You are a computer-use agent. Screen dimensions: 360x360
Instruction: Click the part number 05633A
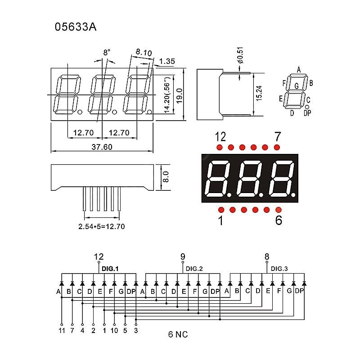pos(76,27)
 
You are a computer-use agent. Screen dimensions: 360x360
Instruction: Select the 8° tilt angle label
pos(107,53)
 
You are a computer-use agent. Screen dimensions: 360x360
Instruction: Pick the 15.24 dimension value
pos(259,94)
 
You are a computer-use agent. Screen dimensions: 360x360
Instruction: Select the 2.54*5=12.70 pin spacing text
pos(101,226)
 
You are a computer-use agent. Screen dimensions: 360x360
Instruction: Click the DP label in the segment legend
pos(307,113)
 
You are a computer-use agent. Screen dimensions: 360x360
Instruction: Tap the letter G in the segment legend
pos(296,85)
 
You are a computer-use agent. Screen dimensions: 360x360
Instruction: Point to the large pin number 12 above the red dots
pos(220,136)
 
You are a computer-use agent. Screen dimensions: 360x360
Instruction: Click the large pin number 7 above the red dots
pos(277,136)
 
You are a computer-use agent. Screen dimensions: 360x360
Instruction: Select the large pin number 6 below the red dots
pos(278,221)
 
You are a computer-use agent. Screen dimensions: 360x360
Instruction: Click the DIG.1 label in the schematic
pos(110,269)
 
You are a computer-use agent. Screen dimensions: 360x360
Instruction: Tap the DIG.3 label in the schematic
pos(279,269)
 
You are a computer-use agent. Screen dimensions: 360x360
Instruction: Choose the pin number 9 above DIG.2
pos(183,257)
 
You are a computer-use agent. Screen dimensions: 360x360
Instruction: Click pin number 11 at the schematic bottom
pos(61,331)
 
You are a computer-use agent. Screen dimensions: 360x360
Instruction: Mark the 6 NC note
pos(178,334)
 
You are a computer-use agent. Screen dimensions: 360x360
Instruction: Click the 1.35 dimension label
pos(167,61)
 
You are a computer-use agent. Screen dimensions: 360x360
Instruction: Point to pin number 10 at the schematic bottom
pos(115,331)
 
